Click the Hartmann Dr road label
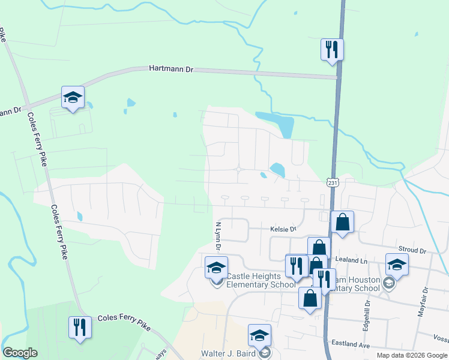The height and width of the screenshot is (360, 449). click(171, 70)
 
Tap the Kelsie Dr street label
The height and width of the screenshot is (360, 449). click(283, 229)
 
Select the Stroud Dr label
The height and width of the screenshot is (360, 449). click(412, 249)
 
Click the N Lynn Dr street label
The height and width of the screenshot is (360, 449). click(218, 236)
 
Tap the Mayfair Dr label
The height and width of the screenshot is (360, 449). click(424, 301)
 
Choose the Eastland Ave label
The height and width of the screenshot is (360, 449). click(351, 345)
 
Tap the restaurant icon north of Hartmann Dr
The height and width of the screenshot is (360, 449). click(331, 49)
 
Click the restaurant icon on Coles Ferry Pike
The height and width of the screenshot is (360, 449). click(80, 327)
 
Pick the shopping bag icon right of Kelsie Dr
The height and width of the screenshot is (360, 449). click(342, 221)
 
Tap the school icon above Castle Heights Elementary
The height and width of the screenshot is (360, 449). click(216, 267)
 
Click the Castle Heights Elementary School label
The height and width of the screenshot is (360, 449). click(262, 280)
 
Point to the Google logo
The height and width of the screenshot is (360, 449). click(20, 353)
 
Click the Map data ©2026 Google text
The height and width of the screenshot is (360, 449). click(411, 355)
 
